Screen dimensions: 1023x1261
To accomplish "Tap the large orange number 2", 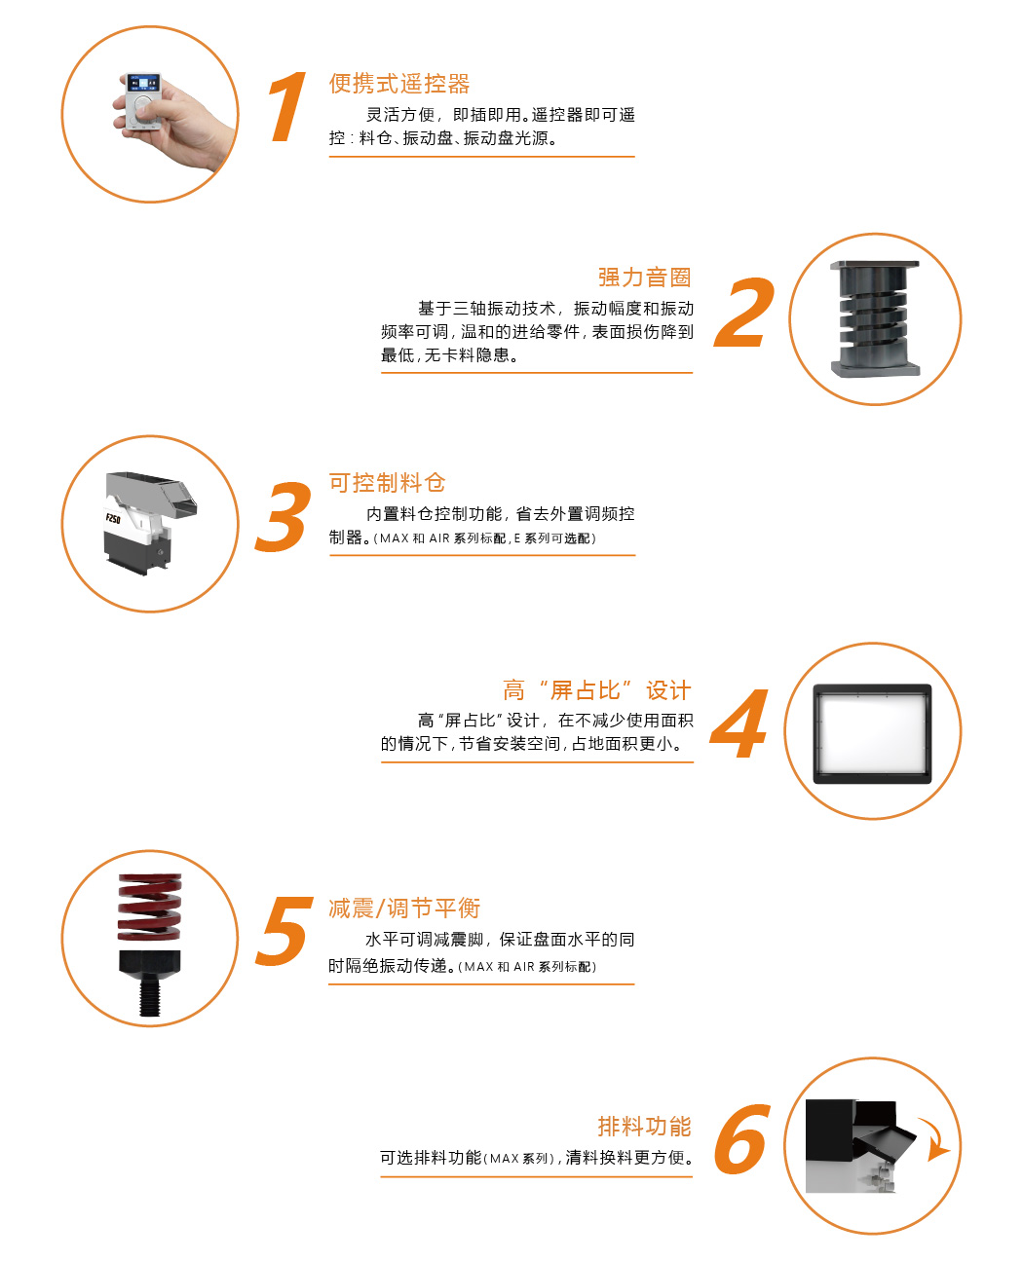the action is (743, 312).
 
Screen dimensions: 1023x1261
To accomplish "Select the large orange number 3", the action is (284, 516).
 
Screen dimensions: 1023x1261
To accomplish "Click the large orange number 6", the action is (742, 1138).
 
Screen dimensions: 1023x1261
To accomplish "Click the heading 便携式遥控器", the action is (399, 84).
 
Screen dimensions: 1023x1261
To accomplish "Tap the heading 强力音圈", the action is (644, 278).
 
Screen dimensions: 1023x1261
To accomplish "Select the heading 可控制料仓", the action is (387, 483).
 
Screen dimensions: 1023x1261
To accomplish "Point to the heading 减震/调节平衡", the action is (404, 909).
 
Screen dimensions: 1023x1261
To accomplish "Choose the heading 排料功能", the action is (644, 1126).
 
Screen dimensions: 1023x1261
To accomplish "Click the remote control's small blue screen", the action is (144, 83).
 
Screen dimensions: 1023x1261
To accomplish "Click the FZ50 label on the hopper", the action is (113, 519).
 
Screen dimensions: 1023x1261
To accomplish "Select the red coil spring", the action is (150, 907).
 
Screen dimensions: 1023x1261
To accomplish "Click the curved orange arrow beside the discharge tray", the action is (934, 1139).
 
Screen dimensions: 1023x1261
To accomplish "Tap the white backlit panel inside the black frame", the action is (872, 733).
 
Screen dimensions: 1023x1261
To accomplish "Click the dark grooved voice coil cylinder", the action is (875, 319).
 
